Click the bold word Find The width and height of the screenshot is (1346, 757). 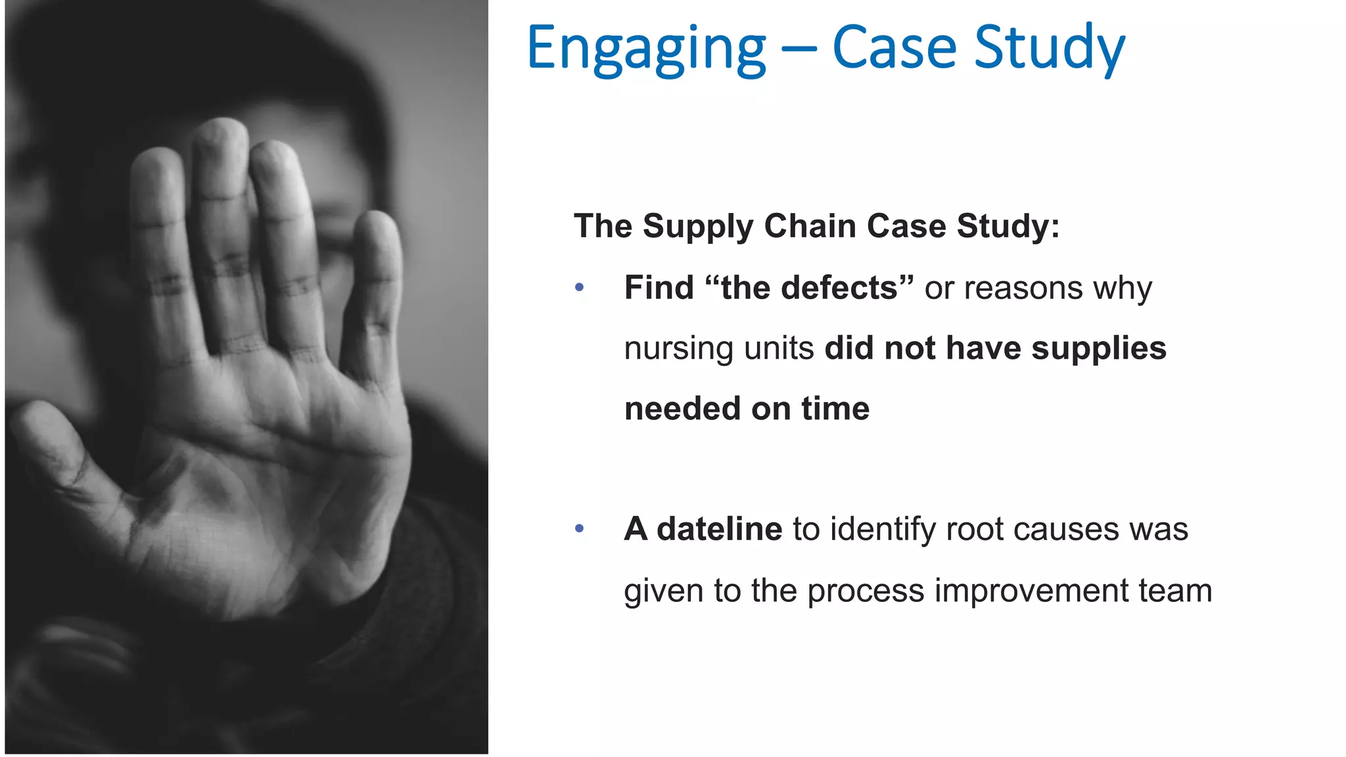[x=659, y=288]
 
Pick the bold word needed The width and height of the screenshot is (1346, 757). [x=682, y=409]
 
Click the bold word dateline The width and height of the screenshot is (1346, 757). [x=719, y=529]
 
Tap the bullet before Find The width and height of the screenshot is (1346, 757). [x=579, y=288]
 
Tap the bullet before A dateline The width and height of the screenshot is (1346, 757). [x=579, y=529]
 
